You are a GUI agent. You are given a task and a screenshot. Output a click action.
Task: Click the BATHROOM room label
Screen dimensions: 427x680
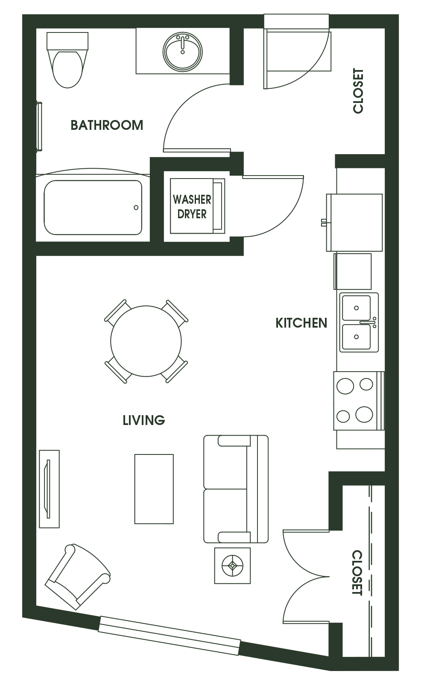tap(107, 125)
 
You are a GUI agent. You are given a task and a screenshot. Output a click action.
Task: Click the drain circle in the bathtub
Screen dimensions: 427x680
tap(136, 208)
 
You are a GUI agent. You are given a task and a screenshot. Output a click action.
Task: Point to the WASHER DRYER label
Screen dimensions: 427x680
tap(192, 207)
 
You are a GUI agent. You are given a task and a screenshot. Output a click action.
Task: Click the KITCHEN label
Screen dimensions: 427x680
tap(301, 323)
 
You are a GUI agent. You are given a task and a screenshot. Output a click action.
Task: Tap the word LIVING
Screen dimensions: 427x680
tap(144, 420)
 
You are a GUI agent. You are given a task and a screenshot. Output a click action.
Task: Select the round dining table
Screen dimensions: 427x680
tap(146, 341)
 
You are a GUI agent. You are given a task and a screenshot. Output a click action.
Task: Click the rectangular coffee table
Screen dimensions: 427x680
tap(154, 489)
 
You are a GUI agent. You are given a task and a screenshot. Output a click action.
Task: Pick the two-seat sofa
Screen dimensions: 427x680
tap(236, 489)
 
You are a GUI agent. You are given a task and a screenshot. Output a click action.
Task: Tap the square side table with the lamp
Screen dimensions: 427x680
tap(232, 566)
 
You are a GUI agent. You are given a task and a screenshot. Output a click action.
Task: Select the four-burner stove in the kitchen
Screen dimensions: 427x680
tap(359, 401)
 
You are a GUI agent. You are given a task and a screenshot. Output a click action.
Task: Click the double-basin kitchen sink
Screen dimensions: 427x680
tap(359, 322)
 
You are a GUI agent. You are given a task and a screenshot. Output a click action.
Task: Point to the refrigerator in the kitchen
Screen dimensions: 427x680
tap(354, 223)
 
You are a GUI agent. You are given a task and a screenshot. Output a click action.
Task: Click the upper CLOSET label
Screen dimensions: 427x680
tap(358, 91)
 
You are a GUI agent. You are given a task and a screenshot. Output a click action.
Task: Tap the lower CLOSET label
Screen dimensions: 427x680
tap(357, 573)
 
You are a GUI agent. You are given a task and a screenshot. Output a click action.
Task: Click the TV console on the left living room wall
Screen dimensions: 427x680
tap(49, 489)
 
